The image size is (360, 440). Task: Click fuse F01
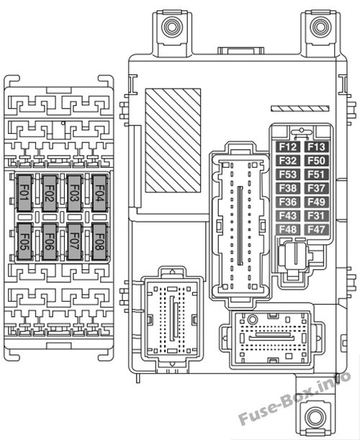tap(24, 193)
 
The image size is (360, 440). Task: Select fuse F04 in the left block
tap(99, 193)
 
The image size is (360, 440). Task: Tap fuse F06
tap(50, 242)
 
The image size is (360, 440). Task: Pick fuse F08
tap(99, 242)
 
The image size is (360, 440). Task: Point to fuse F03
tap(74, 193)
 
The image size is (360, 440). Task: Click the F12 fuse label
tap(287, 147)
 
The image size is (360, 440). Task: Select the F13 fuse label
tap(316, 147)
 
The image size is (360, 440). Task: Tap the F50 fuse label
tap(316, 161)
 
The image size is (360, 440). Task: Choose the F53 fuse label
tap(287, 174)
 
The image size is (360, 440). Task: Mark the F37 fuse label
tap(316, 188)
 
